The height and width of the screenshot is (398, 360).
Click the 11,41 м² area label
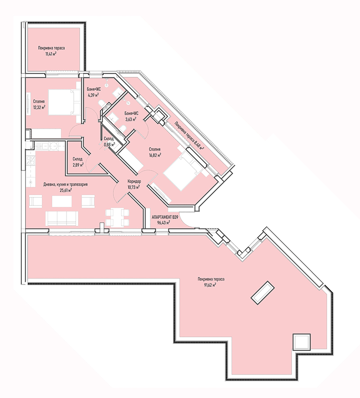51,54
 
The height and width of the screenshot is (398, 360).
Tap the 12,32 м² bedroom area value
39,107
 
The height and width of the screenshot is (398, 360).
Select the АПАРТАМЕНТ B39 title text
165,217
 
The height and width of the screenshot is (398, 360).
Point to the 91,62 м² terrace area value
210,285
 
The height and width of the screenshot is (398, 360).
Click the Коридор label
134,182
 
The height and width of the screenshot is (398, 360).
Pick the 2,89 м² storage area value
78,165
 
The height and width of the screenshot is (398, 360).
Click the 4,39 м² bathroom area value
93,95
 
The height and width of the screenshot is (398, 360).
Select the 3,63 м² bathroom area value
130,119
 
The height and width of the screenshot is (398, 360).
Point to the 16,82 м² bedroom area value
155,155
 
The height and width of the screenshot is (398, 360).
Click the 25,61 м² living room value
66,190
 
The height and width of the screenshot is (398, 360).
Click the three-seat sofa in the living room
62,218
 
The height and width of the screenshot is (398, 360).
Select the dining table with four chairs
117,217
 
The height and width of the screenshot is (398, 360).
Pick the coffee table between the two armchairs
62,201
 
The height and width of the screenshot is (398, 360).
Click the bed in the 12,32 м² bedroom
64,102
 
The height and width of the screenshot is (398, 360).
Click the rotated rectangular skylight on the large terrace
263,293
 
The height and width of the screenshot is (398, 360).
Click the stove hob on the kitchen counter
31,161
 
